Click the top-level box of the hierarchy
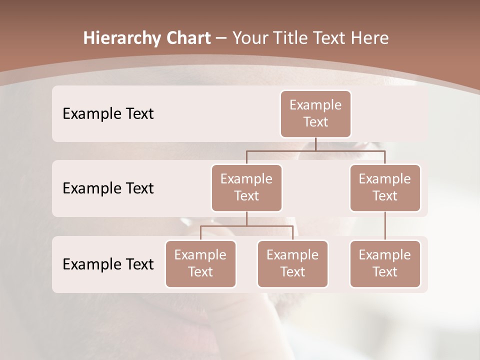point(315,113)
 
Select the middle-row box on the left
point(246,187)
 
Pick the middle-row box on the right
point(385,187)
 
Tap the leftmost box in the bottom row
point(200,263)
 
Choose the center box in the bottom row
point(292,263)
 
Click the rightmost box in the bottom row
point(385,263)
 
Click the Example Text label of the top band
point(108,114)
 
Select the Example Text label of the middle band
point(108,188)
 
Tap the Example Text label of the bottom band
point(108,264)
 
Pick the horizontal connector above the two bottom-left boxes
point(246,226)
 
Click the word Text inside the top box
point(315,122)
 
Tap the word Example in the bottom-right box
point(385,255)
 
